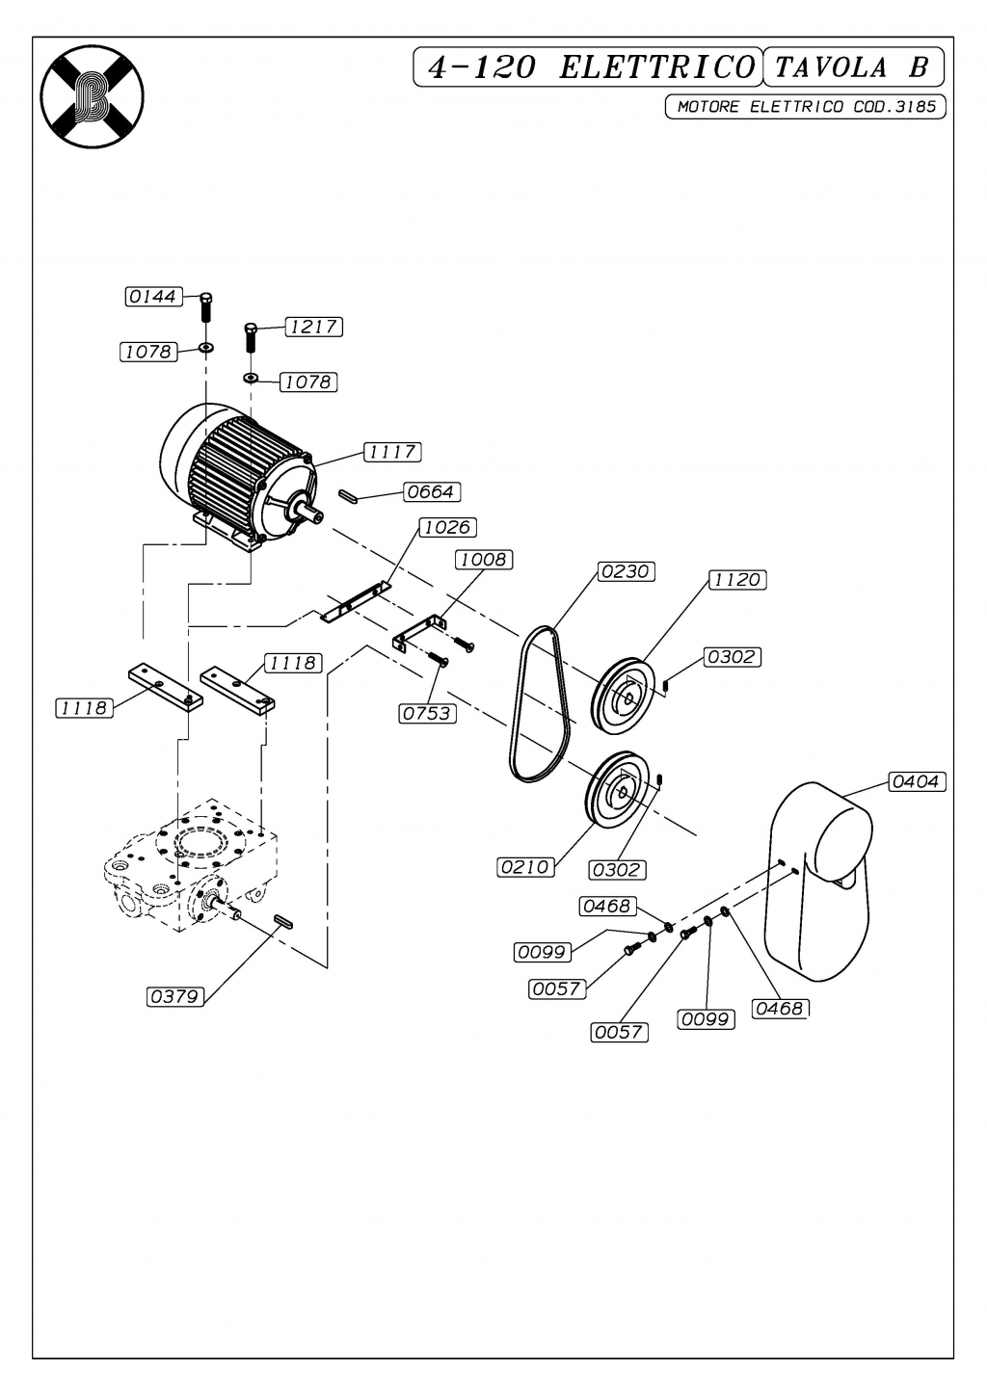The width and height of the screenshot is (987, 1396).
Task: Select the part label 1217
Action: pos(314,327)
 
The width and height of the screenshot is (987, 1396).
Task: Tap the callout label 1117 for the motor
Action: pos(393,452)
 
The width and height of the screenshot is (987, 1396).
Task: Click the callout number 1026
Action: pos(447,527)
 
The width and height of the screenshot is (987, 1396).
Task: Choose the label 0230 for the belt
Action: pos(626,571)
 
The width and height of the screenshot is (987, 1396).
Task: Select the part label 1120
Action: pos(737,580)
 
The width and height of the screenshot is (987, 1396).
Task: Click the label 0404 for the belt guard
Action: pos(917,781)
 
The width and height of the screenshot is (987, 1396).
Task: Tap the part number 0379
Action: pos(175,996)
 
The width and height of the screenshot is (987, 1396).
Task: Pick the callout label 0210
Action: pos(525,867)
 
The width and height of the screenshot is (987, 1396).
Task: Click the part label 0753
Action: pos(428,714)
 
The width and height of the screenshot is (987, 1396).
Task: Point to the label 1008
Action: pos(485,560)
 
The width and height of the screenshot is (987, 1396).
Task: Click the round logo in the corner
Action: pos(93,96)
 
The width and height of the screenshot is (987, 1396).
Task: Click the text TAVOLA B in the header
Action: pos(852,66)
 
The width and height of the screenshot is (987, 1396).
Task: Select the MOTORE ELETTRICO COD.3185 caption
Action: pos(806,107)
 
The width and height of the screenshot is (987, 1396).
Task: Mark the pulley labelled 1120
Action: pos(623,697)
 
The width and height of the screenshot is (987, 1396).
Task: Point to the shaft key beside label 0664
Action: pos(347,495)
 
